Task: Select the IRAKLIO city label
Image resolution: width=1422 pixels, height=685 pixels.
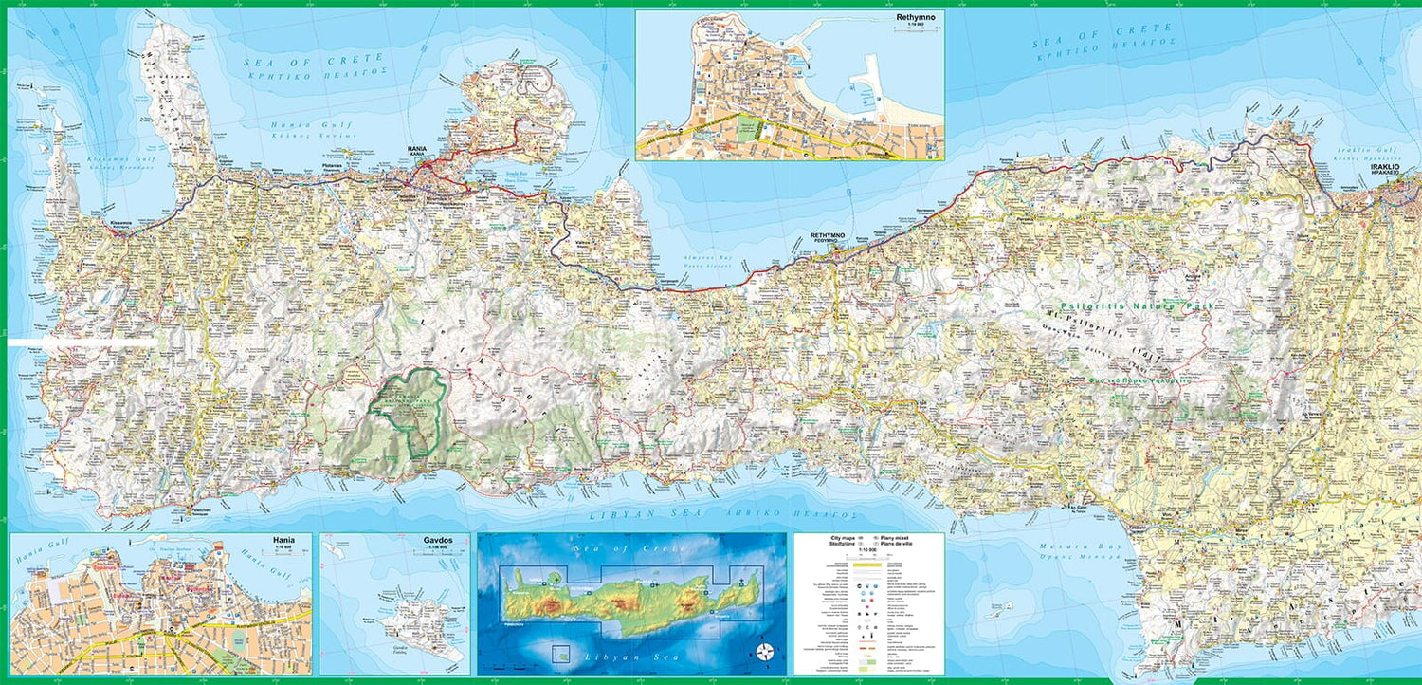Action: (1393, 167)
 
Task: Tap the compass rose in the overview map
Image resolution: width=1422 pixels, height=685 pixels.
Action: (765, 652)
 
